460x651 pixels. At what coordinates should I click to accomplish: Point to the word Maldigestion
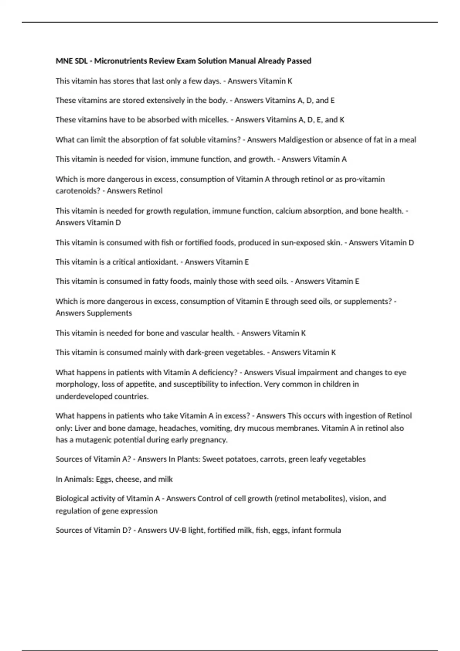(x=301, y=140)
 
